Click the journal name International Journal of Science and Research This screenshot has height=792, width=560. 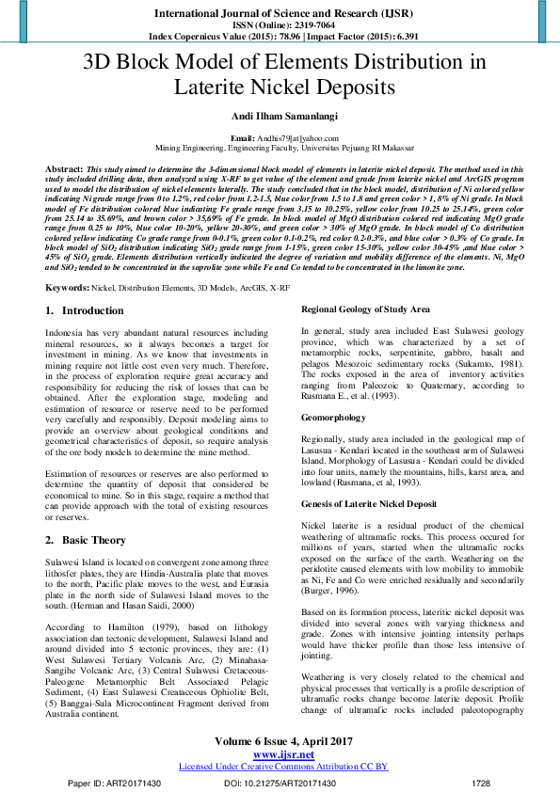279,15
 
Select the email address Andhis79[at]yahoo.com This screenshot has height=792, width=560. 291,138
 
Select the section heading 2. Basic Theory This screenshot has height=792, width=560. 86,540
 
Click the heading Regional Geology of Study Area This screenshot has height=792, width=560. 365,283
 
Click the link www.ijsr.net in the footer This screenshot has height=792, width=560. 280,753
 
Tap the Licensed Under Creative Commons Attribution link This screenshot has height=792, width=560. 280,766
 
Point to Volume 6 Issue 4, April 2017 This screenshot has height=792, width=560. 280,741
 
